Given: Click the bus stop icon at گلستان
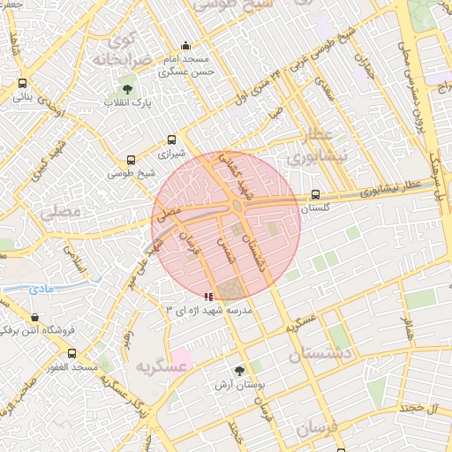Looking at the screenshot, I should tap(316, 196).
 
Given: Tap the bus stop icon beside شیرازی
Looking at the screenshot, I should tap(172, 139).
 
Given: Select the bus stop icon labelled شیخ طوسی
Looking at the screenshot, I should tap(131, 161).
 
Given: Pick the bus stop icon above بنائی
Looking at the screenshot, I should tap(22, 84).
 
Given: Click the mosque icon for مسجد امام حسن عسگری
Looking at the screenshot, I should tap(185, 46).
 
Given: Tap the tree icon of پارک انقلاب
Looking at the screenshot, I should tap(129, 88).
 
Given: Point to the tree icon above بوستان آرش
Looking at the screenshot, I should tap(239, 372).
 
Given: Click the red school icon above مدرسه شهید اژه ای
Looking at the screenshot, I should tap(207, 298).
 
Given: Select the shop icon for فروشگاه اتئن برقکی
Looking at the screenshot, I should tap(34, 317).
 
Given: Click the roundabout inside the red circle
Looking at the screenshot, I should tap(238, 207).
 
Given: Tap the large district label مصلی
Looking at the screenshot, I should tap(60, 211).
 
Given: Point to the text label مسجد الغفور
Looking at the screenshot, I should tap(72, 366).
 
